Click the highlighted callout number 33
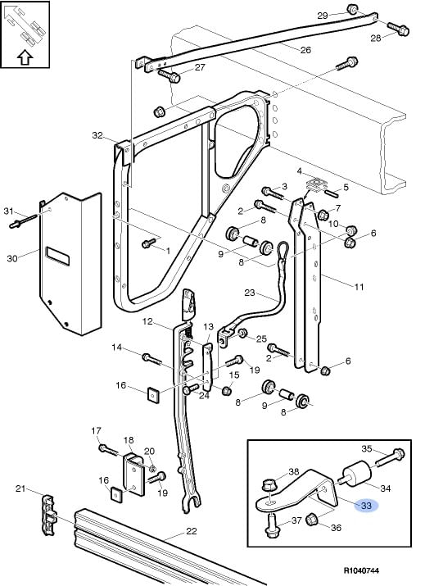[366, 506]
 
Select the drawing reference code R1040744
[361, 570]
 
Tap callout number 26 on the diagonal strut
[305, 50]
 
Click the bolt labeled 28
[398, 29]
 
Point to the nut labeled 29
[353, 8]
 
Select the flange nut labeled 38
[268, 484]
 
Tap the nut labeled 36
[312, 520]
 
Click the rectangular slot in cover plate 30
[57, 256]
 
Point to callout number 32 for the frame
[97, 135]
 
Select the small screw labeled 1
[149, 243]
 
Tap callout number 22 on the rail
[192, 531]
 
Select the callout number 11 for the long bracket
[359, 287]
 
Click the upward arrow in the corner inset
[25, 57]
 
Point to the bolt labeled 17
[109, 450]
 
